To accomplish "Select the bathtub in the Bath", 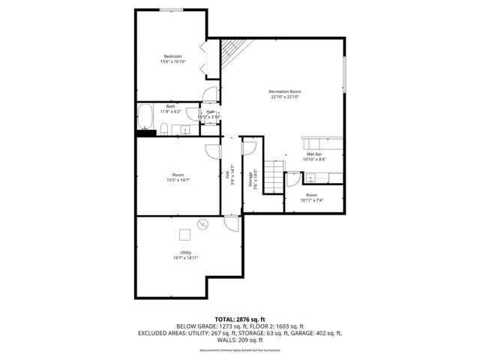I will pos(145,118).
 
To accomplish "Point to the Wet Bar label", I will pos(313,154).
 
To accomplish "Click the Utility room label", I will pos(185,253).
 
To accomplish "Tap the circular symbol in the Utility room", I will pos(202,223).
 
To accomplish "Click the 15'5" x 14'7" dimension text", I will pos(178,180).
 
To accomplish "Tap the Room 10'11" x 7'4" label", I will pos(311,197).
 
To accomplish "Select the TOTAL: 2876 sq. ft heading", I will pos(239,319).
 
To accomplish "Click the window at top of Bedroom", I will pos(172,9).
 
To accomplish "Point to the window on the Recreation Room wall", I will pos(345,77).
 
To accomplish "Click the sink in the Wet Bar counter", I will pos(311,178).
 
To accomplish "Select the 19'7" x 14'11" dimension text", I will pos(185,258).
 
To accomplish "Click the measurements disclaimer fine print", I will pos(239,349).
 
